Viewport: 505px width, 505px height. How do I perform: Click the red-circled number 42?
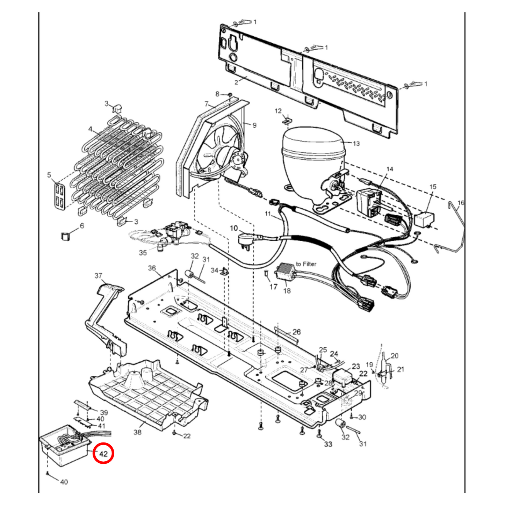(x=103, y=454)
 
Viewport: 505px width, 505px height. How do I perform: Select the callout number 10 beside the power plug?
(x=233, y=228)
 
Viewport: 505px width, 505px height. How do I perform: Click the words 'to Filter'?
(x=306, y=264)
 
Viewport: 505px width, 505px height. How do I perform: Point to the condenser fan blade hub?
(x=224, y=156)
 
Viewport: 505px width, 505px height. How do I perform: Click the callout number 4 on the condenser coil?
(x=90, y=129)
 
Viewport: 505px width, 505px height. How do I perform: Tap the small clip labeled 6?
(x=65, y=236)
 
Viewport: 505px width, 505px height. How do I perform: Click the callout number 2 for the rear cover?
(x=236, y=82)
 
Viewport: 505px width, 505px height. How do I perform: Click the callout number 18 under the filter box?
(x=287, y=290)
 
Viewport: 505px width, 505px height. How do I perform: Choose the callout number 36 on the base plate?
(x=152, y=268)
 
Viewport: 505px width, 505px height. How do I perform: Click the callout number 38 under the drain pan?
(x=137, y=432)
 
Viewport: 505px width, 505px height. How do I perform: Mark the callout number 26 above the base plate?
(x=296, y=332)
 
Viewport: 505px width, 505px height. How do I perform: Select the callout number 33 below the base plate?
(x=328, y=444)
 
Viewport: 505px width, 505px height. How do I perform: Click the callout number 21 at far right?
(x=401, y=369)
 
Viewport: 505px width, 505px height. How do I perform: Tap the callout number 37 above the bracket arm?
(x=98, y=276)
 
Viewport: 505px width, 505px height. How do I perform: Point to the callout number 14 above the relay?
(x=390, y=169)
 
